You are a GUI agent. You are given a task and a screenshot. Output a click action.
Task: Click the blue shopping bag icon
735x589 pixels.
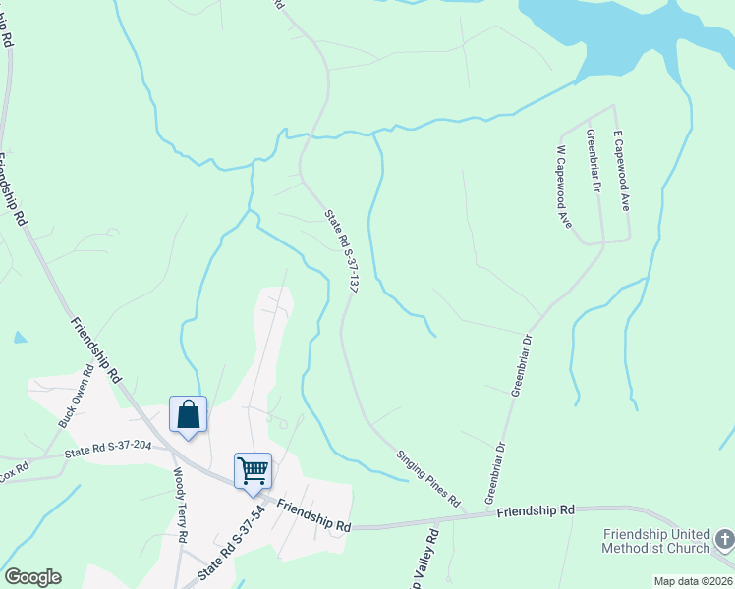pos(188,414)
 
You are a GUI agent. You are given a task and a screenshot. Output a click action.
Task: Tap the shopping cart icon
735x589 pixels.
pos(253,470)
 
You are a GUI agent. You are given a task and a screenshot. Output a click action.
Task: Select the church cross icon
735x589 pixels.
pos(724,539)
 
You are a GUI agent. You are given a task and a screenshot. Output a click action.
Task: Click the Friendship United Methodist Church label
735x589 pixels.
pos(656,541)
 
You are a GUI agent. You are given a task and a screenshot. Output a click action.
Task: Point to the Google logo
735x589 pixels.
pos(32,577)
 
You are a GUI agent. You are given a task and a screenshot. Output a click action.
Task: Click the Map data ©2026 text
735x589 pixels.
pos(692,581)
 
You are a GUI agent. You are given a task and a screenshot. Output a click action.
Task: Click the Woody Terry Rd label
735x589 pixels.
pos(180,506)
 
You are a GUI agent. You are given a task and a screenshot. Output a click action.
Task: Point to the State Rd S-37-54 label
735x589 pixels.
pos(232,541)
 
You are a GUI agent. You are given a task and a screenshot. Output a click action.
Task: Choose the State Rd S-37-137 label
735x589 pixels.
pos(340,250)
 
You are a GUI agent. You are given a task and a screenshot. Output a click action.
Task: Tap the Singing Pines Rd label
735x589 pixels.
pos(428,478)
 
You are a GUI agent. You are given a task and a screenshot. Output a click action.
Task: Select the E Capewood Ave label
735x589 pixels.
pos(620,170)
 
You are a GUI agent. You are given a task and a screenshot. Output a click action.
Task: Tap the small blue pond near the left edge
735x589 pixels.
pos(20,338)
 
